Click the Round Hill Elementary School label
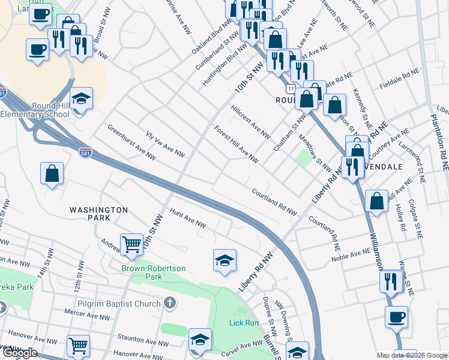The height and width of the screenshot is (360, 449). coord(35,109)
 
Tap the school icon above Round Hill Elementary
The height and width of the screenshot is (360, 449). coord(81,98)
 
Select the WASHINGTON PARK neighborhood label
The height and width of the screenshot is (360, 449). coord(98,210)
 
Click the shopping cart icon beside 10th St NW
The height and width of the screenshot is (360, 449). coord(131,244)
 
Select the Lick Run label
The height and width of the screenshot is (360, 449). coord(244,322)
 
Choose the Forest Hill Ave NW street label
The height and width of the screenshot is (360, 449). coord(236,143)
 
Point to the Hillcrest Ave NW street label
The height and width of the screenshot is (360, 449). coord(250,120)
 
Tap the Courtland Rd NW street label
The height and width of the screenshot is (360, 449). coord(274,202)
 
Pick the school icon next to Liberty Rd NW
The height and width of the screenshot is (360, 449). coord(224,260)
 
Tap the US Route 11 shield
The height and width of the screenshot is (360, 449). coord(290,89)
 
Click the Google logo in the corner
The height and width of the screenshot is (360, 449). coord(20,353)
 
